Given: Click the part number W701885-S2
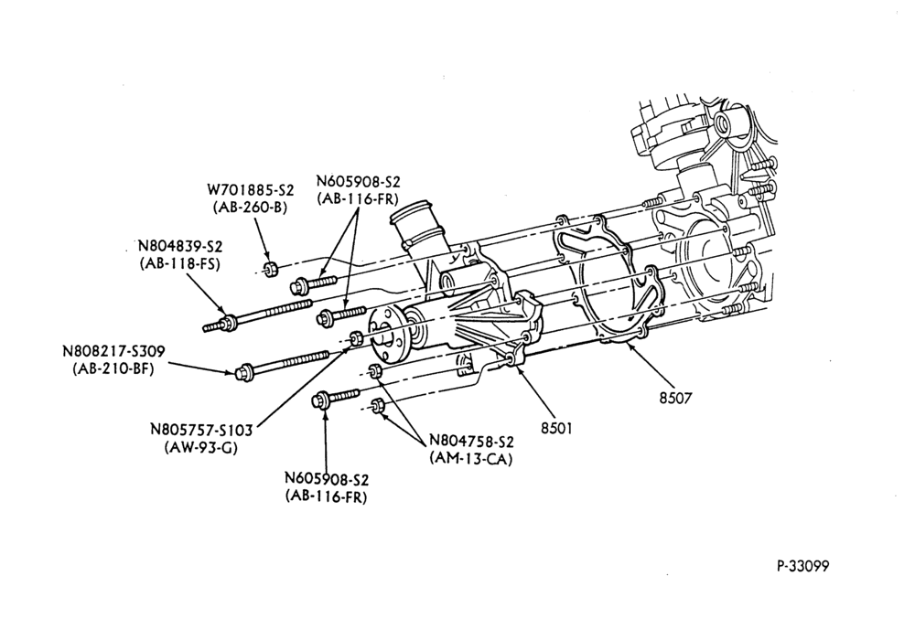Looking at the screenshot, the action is pos(251,190).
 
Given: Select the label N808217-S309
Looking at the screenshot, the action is pos(113,352).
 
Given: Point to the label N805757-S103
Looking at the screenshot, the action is pos(201,430).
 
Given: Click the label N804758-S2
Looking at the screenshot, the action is pos(471,441).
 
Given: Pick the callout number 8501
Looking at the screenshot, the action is pos(556,429).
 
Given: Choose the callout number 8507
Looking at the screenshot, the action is pos(675,398).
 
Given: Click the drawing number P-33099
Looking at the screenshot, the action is pos(802,566).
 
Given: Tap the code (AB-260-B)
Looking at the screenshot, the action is pos(251,208).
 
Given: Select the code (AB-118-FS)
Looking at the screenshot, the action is pos(179,263).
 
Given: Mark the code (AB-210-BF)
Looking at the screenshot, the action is pos(113,369).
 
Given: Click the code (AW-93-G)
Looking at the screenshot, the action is pos(201,448).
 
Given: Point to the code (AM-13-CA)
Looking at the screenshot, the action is pos(471,459).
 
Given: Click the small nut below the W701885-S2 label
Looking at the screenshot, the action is pos(270,270).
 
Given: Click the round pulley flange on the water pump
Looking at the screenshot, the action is pos(387,336).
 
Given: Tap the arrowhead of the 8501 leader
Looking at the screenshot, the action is pos(514,367).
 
